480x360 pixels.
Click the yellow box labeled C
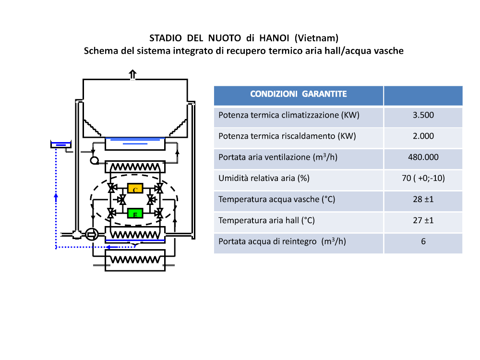click(135, 188)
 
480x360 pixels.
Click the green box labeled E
click(135, 213)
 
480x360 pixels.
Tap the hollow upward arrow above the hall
click(132, 74)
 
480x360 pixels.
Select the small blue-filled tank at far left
click(60, 144)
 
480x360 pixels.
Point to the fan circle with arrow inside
click(92, 235)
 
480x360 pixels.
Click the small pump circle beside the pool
click(94, 160)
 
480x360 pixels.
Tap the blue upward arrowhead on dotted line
click(56, 197)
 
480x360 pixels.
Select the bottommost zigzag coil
click(135, 260)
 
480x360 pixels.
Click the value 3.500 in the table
click(423, 115)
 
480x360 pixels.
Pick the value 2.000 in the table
click(423, 136)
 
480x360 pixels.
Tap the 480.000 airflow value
click(423, 157)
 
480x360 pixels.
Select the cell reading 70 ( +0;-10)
click(423, 178)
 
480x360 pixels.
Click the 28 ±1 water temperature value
click(423, 199)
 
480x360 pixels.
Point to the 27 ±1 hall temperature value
click(423, 220)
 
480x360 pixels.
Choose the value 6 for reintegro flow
click(423, 241)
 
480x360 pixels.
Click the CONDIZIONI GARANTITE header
click(299, 94)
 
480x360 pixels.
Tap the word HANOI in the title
click(274, 38)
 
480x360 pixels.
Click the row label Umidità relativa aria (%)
click(264, 178)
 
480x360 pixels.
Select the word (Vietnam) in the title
click(316, 38)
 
